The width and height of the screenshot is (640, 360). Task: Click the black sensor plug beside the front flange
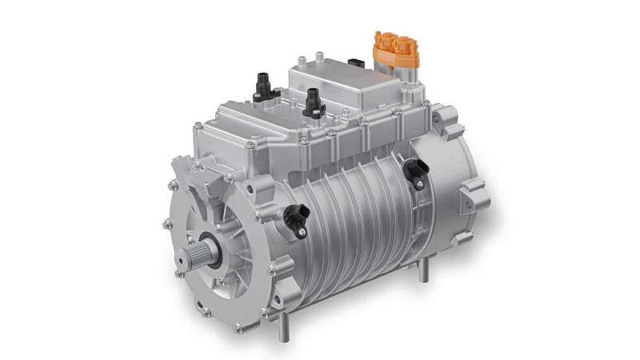pos(297,217)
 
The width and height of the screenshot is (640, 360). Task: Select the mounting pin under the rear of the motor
pos(423,271)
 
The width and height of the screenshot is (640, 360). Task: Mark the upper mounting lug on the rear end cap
pos(445,120)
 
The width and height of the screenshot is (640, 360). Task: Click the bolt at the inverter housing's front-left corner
pos(198,126)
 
